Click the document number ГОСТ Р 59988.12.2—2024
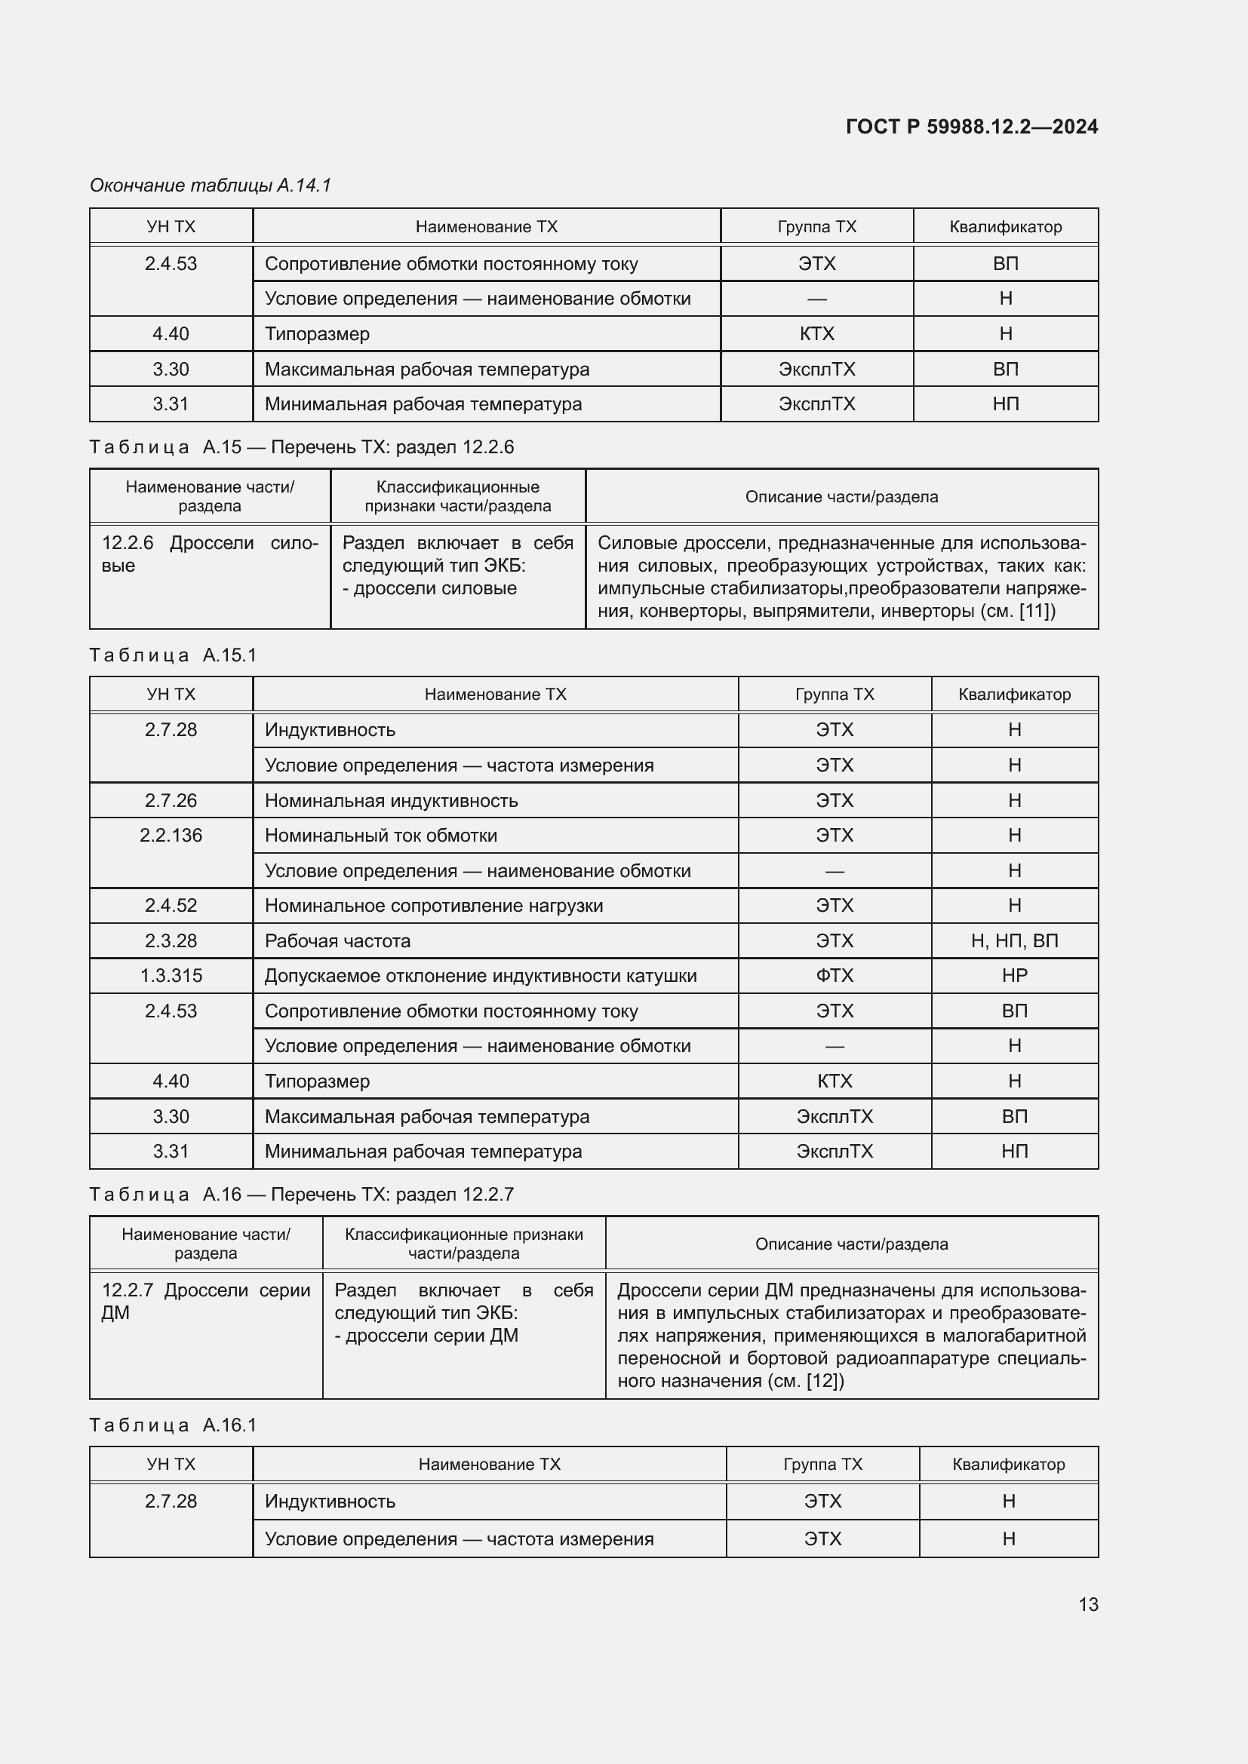pyautogui.click(x=971, y=127)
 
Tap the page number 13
pyautogui.click(x=1088, y=1604)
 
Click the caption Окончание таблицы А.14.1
pyautogui.click(x=210, y=186)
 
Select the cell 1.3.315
pyautogui.click(x=171, y=976)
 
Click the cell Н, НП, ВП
pyautogui.click(x=1013, y=940)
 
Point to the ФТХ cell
pyautogui.click(x=834, y=976)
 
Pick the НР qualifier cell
pyautogui.click(x=1013, y=976)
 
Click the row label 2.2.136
pyautogui.click(x=171, y=835)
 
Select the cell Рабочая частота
pyautogui.click(x=337, y=940)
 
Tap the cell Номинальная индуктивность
pyautogui.click(x=391, y=801)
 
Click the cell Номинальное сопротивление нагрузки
pyautogui.click(x=433, y=905)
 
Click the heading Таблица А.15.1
pyautogui.click(x=173, y=655)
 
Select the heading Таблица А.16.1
pyautogui.click(x=173, y=1425)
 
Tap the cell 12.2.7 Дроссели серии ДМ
pyautogui.click(x=205, y=1302)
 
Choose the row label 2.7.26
pyautogui.click(x=171, y=801)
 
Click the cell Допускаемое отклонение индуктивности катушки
pyautogui.click(x=481, y=976)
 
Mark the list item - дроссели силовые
pyautogui.click(x=429, y=588)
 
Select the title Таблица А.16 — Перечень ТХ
pyautogui.click(x=301, y=1195)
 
